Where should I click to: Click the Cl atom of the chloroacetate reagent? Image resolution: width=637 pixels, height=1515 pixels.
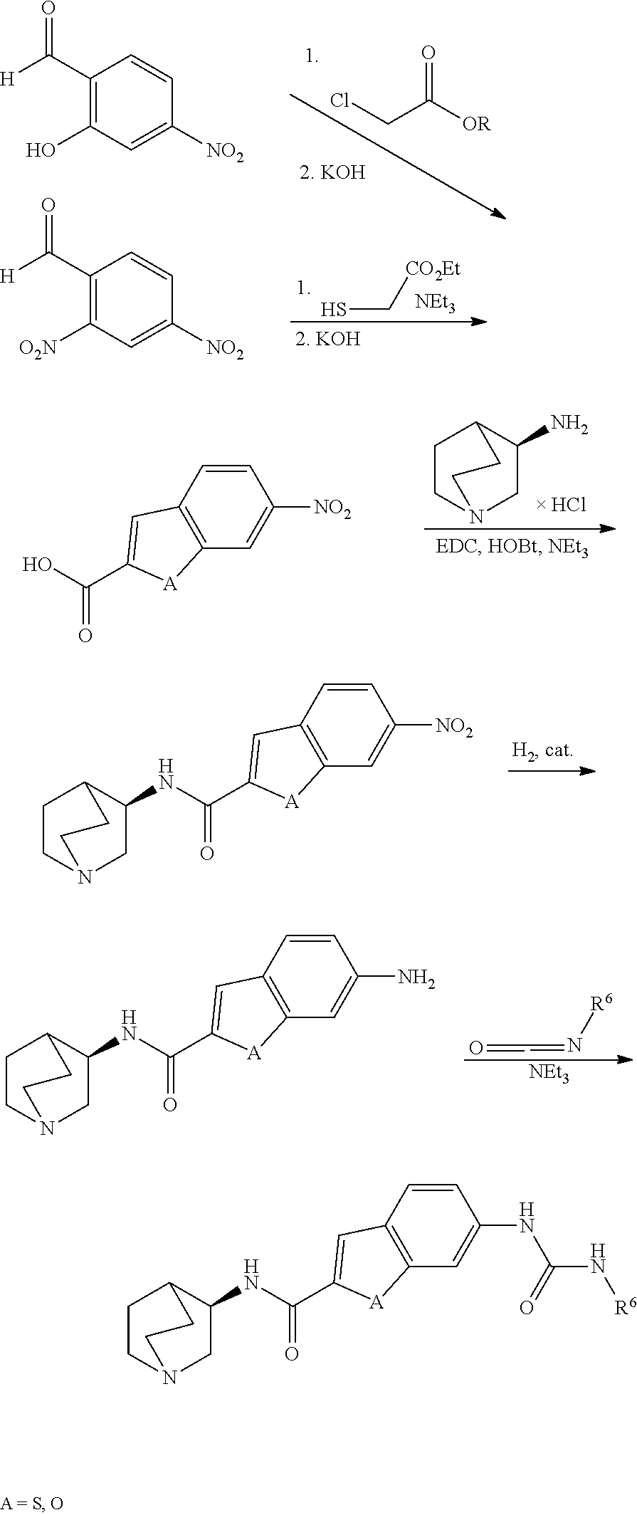coord(345,102)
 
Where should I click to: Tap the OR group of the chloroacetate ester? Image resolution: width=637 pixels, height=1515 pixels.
coord(476,125)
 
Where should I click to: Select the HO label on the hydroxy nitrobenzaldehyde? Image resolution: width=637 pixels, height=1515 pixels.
coord(41,150)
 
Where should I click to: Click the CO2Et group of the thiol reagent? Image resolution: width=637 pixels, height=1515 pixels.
coord(433,268)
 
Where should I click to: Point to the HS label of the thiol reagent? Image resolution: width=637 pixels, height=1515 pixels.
coord(333,310)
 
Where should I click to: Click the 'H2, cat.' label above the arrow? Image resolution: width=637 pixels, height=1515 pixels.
coord(542,750)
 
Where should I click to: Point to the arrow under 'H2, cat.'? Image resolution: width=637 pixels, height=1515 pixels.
coord(552,771)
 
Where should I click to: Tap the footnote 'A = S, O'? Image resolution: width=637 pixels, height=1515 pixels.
coord(33,1504)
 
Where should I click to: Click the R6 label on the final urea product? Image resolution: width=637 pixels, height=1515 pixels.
coord(624,1306)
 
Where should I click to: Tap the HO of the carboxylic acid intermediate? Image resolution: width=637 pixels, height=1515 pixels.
coord(37,565)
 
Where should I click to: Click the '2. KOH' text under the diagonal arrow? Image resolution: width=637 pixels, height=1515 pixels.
coord(332,173)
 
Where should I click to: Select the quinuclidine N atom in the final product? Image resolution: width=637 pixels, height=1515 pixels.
coord(169,1378)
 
